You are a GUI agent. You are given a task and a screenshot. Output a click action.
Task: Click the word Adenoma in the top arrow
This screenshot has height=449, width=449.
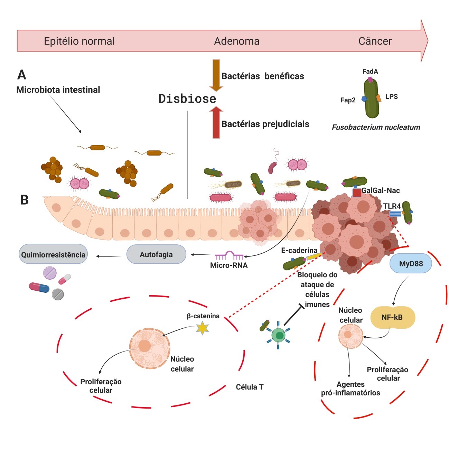(237, 41)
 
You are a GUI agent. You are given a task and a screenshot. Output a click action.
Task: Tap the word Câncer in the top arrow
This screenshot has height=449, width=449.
(375, 41)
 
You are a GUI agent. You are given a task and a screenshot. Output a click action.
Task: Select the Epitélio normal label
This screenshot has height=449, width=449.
(79, 41)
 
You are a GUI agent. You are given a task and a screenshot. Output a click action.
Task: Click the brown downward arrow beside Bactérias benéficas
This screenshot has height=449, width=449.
(216, 75)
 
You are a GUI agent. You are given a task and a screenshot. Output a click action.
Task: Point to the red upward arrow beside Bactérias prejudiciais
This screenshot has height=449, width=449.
(216, 123)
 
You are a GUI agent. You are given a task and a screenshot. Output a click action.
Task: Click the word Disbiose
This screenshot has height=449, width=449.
(187, 99)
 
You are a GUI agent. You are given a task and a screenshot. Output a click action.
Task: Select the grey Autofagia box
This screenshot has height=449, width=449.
(156, 255)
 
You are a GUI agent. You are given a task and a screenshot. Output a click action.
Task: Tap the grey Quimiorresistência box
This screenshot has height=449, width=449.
(53, 255)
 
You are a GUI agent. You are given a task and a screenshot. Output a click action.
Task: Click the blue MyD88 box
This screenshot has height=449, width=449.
(411, 264)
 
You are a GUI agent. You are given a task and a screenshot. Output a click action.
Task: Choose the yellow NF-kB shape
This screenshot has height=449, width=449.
(392, 317)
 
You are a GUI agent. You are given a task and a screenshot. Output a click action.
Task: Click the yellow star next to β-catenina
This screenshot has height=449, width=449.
(202, 328)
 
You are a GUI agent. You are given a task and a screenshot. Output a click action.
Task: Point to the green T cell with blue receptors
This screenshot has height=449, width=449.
(279, 335)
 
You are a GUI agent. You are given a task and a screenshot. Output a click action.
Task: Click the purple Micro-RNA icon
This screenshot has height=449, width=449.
(229, 256)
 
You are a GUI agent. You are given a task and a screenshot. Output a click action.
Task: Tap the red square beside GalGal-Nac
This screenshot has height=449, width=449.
(357, 193)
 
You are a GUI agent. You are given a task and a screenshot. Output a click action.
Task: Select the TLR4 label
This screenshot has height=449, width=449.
(392, 206)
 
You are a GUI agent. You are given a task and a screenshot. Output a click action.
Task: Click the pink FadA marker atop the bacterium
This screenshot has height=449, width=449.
(370, 79)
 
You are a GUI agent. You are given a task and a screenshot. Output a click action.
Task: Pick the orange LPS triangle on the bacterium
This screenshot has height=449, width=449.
(379, 98)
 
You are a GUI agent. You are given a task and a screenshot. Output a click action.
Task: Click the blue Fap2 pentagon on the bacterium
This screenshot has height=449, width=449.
(364, 99)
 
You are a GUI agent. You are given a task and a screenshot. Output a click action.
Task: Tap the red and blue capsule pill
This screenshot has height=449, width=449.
(39, 287)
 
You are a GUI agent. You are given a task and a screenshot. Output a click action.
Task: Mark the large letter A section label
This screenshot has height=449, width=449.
(22, 75)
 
